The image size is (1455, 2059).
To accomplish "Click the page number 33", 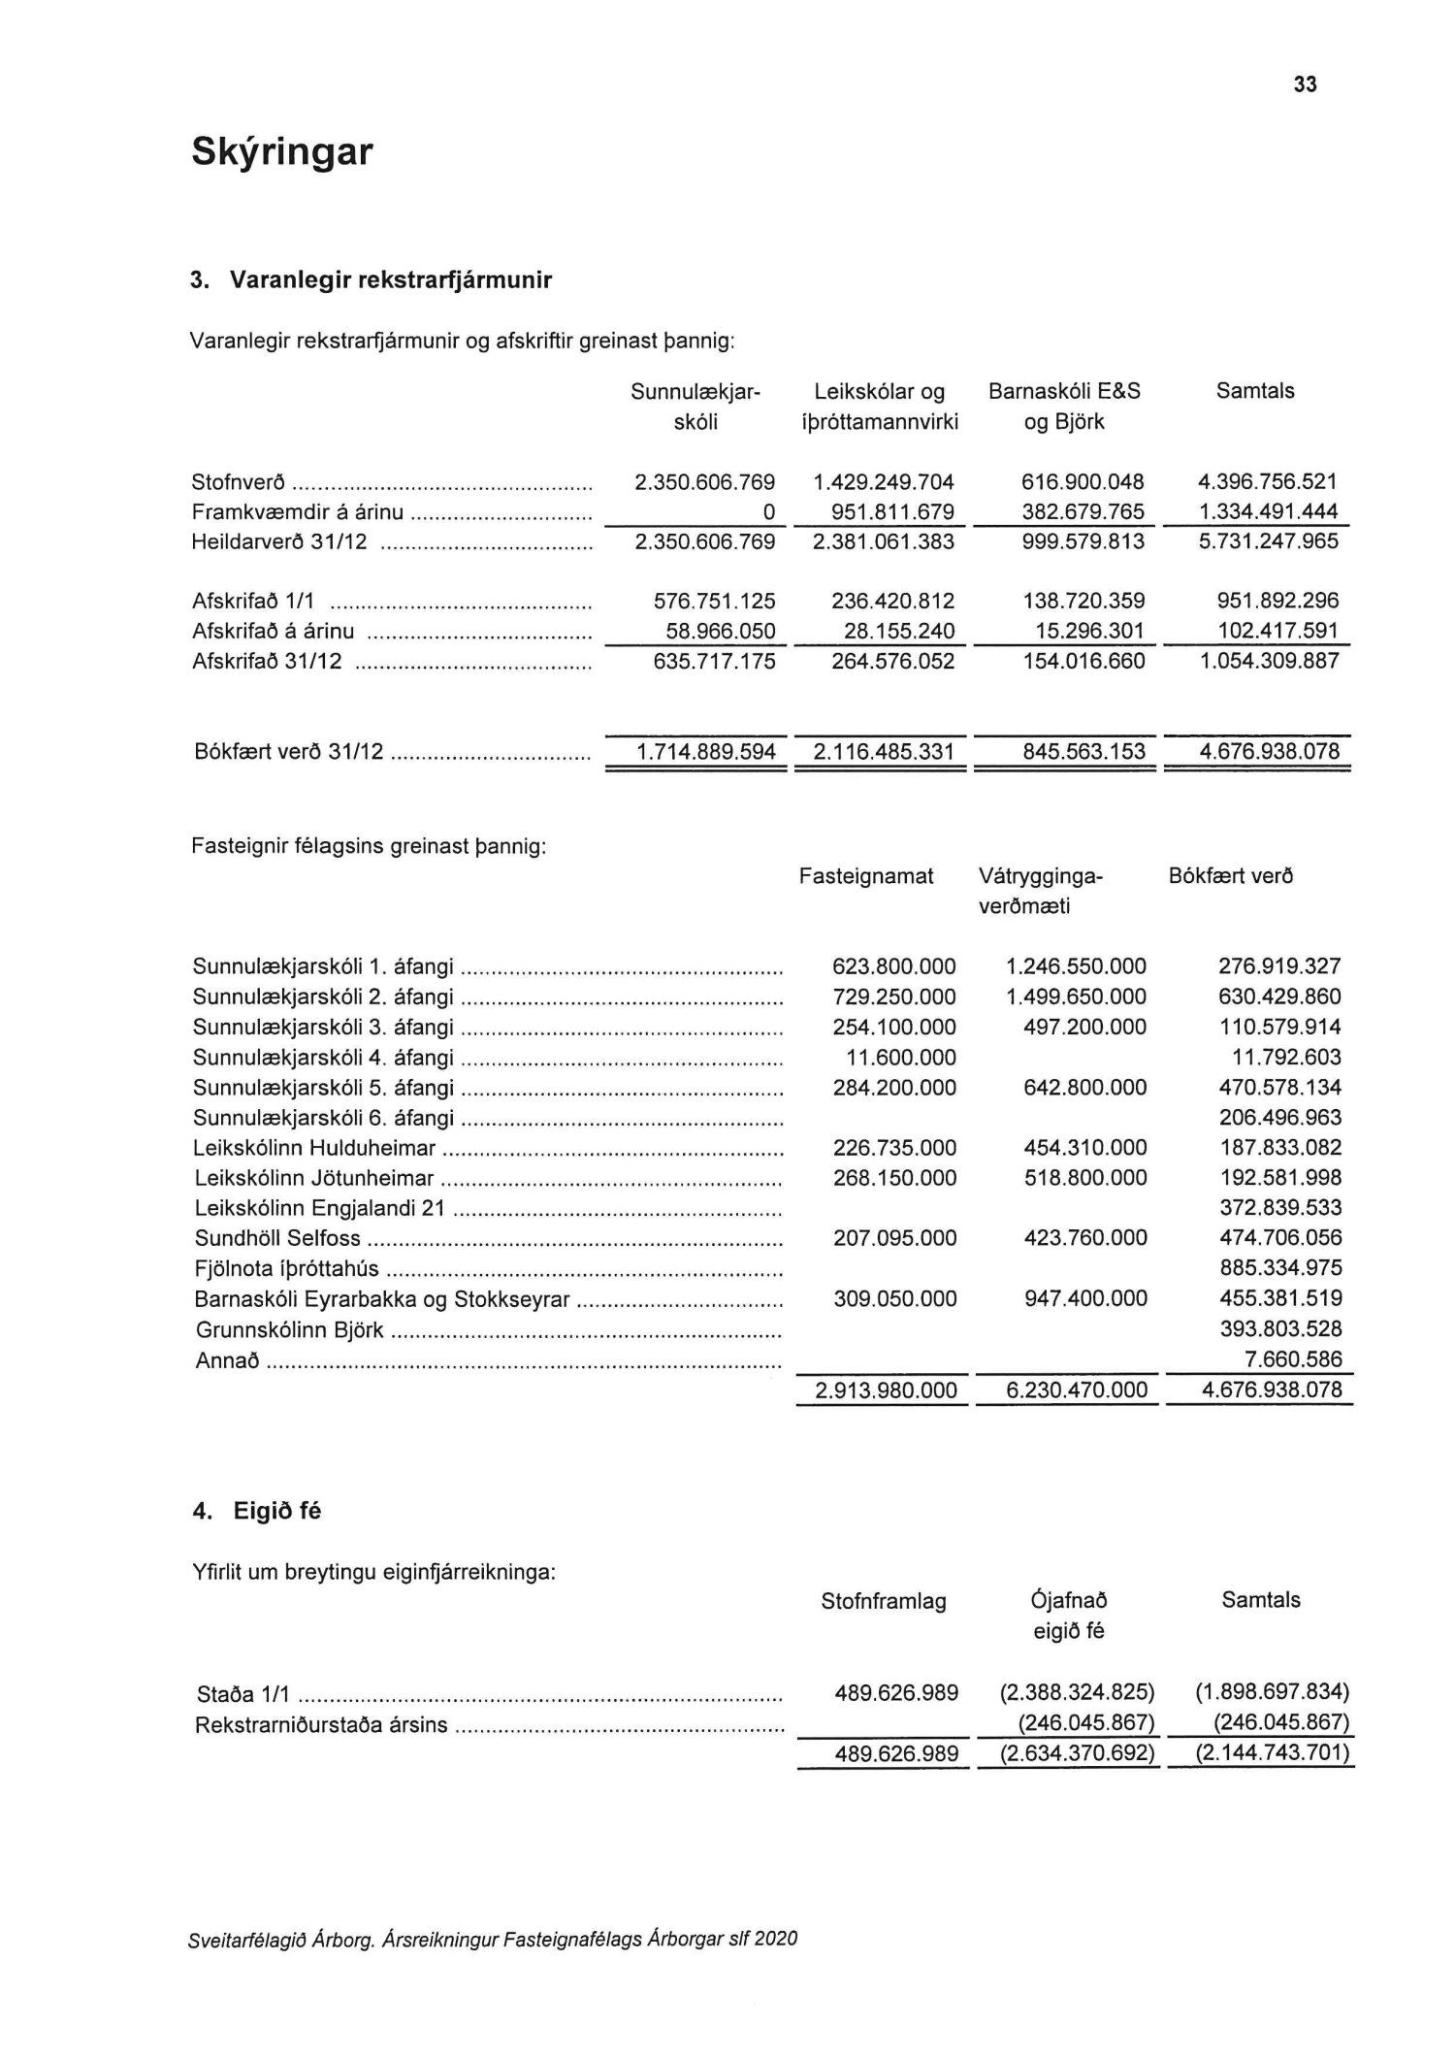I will coord(1305,85).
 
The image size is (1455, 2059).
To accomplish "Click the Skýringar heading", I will coord(281,152).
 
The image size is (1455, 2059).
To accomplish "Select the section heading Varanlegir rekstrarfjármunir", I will coord(390,280).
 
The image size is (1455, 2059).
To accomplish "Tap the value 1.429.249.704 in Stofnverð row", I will coord(884,482).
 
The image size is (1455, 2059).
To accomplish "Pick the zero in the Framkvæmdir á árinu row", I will coord(768,512).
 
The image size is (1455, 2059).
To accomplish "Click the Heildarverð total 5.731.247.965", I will coord(1268,541).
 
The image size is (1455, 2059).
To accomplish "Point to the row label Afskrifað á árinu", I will coord(274,632).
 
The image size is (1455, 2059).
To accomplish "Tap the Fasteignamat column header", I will coord(866,876).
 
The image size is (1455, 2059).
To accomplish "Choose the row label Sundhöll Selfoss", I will coord(277,1238).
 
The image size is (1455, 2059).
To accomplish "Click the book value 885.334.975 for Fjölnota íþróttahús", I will coord(1279,1268).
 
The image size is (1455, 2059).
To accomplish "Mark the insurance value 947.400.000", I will coord(1085,1298).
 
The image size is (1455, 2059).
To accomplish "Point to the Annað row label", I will coord(228,1360).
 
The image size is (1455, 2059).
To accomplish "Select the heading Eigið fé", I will coord(276,1511).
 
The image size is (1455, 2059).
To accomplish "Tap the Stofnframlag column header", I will coord(883,1602).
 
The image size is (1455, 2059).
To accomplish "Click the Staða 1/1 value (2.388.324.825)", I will coord(1077,1693).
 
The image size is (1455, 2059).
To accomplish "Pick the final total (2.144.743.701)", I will coord(1272,1753).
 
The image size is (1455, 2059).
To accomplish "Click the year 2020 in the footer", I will coord(776,1939).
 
